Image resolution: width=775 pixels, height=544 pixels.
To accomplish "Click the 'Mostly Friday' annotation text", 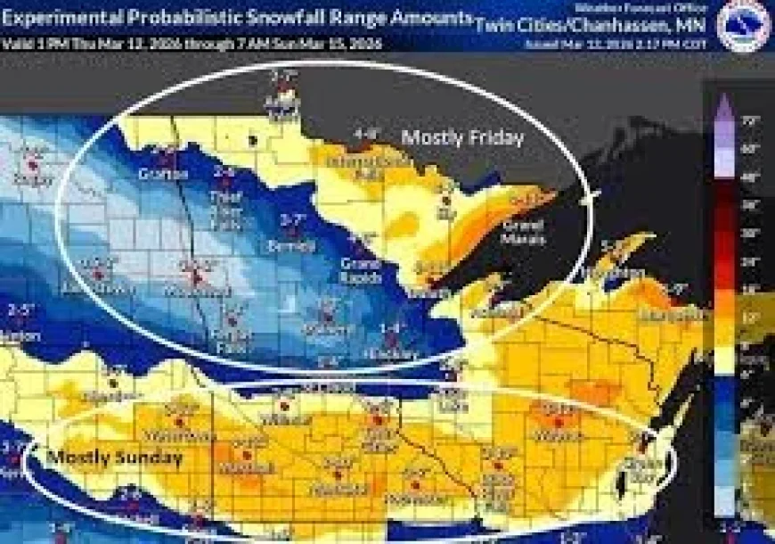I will tap(461, 137).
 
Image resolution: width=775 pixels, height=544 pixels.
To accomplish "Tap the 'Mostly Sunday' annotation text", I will tap(114, 457).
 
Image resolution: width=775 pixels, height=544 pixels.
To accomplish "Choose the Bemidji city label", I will tap(292, 244).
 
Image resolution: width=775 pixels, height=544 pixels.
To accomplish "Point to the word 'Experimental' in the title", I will tap(64, 16).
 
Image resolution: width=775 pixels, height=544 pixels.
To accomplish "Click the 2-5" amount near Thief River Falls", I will tap(224, 170).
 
